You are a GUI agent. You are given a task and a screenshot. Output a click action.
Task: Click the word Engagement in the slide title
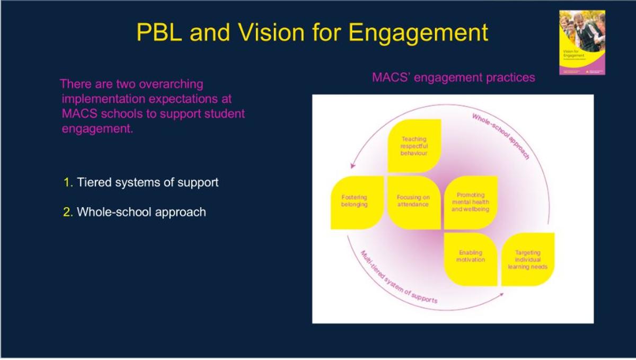tap(419, 33)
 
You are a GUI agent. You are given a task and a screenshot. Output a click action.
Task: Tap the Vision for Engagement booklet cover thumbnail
tap(582, 42)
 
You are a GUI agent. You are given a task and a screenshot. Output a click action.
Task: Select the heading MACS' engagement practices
tap(453, 77)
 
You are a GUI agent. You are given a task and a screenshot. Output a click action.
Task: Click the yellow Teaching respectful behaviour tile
tap(414, 146)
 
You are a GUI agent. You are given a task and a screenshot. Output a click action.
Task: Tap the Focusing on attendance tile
tap(413, 201)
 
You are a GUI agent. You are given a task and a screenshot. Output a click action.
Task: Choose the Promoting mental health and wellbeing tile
tap(470, 203)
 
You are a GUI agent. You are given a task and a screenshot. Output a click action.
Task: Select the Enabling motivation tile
tap(470, 258)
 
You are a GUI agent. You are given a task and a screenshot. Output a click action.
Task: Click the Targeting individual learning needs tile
tap(527, 260)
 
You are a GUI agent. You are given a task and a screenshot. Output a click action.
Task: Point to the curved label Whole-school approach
tap(501, 136)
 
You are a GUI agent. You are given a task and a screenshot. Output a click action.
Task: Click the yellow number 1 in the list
tap(67, 183)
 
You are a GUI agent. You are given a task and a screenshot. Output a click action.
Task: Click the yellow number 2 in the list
tap(67, 213)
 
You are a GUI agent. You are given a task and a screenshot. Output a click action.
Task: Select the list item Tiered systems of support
tap(147, 183)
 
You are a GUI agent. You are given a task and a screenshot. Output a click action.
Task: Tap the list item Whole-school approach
tap(141, 213)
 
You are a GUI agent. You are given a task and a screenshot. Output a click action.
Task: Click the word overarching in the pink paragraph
tap(170, 84)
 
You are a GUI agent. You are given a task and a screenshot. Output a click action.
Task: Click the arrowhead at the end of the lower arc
tap(501, 293)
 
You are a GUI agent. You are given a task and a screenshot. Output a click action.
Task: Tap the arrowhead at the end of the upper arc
tap(351, 165)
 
